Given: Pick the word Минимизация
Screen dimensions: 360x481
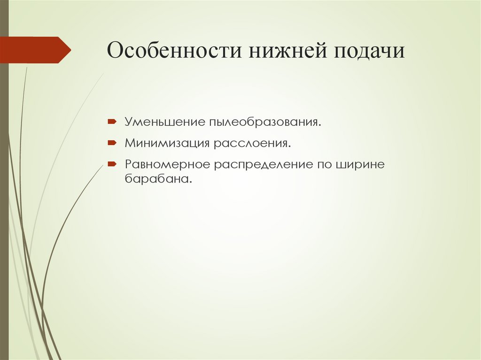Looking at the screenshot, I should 167,143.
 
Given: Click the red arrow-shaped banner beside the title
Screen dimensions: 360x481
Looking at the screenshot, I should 33,50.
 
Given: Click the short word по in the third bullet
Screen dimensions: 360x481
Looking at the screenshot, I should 324,165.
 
